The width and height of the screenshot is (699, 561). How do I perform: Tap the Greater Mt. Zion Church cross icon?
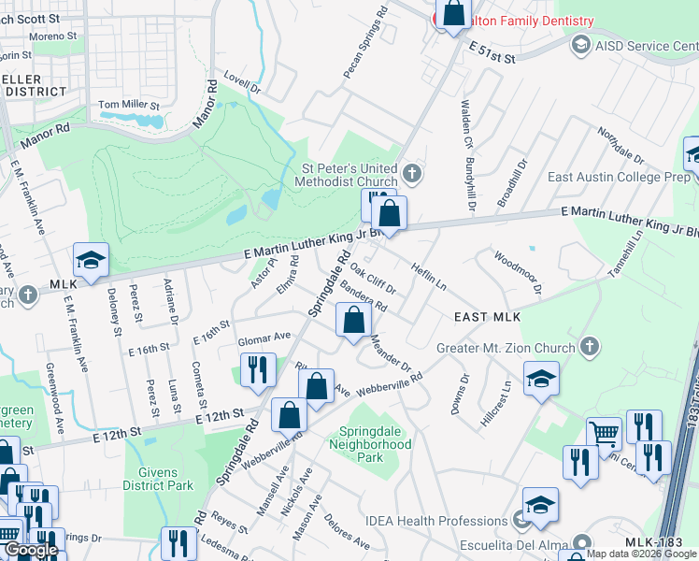[x=589, y=347]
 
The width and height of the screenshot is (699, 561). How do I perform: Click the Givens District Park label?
[x=158, y=479]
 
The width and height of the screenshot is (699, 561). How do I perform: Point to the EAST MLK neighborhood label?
[x=486, y=318]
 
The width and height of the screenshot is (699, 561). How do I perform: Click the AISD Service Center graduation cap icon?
[x=580, y=45]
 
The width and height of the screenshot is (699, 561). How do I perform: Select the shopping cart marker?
[x=605, y=434]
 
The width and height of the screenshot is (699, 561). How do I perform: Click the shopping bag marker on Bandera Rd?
[x=353, y=322]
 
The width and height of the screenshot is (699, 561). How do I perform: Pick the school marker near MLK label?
[x=92, y=262]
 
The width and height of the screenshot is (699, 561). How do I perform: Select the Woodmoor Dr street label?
[x=518, y=272]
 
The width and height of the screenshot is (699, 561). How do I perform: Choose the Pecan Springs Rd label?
[x=365, y=44]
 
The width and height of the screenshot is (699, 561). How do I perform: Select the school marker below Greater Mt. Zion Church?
[x=541, y=379]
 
